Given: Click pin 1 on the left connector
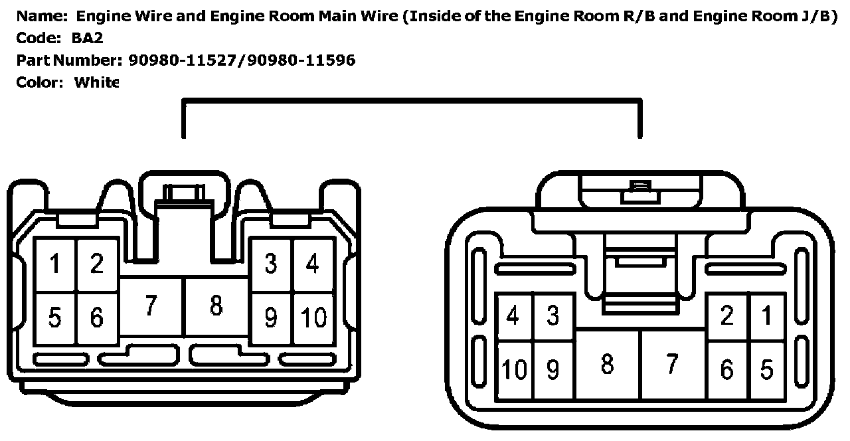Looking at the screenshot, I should coord(55,264).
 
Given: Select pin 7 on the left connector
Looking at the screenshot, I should coord(151,306).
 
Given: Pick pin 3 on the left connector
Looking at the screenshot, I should coord(270,264).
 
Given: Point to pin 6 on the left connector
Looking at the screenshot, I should coord(97,317).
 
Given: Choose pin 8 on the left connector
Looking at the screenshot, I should coord(216,306).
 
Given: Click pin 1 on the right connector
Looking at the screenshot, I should coord(768,316).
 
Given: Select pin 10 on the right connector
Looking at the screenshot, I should coord(514,369).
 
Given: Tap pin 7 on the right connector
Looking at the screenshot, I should coord(672,363).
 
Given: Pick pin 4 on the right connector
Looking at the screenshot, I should coord(513,316).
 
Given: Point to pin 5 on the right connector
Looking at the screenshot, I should coord(768,369).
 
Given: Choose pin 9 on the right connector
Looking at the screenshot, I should coord(553,369).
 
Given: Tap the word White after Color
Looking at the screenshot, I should coord(96,82).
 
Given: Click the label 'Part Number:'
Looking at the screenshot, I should coord(67,60).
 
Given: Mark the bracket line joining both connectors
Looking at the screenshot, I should coord(412,101).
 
